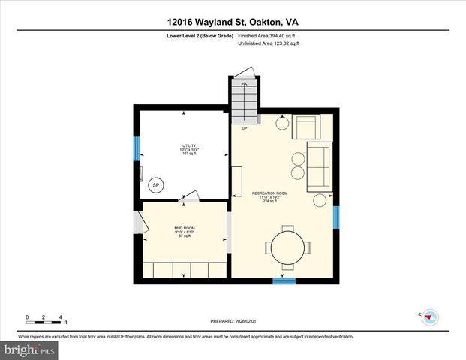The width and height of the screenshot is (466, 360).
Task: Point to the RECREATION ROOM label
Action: click(269, 196)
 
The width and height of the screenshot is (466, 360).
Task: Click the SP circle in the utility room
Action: click(156, 186)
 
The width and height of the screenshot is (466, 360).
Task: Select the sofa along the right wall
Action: click(317, 167)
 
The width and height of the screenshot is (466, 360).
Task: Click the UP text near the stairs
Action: click(244, 129)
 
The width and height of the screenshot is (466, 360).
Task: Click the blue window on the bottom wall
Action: click(284, 281)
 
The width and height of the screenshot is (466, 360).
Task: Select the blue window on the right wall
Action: click(337, 217)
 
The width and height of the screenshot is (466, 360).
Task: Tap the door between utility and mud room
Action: click(190, 196)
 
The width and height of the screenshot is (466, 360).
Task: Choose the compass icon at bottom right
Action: click(430, 316)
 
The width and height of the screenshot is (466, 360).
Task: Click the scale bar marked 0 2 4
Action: click(44, 320)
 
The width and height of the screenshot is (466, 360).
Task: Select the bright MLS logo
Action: click(29, 350)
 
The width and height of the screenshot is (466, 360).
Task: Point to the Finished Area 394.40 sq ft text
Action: click(269, 36)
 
